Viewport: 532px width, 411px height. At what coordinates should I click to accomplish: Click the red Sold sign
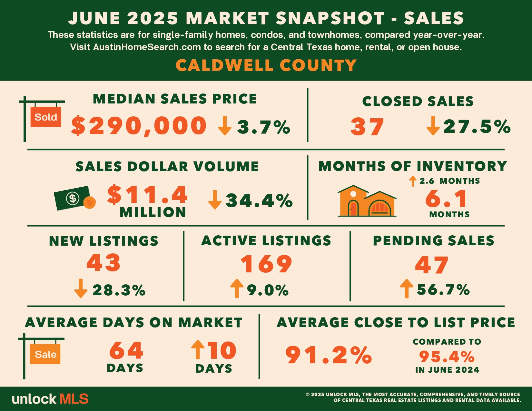pos(45,117)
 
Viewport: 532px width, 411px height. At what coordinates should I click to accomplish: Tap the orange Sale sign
pos(45,354)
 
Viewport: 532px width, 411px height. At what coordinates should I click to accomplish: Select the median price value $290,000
pos(139,126)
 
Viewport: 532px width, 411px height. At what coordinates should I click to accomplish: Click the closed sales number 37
pos(367,127)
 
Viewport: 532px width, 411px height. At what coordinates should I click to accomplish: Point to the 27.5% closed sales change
pos(477,126)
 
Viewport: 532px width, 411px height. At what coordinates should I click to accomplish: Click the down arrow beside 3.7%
pos(225,126)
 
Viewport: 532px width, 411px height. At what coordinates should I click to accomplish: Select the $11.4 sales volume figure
pos(147,195)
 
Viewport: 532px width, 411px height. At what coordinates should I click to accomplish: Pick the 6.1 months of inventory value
pos(446,199)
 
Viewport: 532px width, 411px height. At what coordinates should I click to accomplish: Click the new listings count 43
pos(103,263)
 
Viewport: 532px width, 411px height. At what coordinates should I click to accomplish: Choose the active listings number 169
pos(266,264)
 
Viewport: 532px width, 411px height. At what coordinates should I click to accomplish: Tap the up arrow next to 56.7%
pos(407,289)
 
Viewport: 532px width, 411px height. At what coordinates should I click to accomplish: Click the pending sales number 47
pos(432,265)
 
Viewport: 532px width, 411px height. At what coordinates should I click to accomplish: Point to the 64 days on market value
pos(126,350)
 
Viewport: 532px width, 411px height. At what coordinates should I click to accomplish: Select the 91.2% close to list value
pos(329,355)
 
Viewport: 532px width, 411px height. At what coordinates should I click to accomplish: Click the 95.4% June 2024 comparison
pos(447,357)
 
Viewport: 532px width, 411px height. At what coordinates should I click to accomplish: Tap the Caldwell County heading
pos(266,65)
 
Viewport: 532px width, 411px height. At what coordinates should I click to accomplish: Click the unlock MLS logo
pos(50,399)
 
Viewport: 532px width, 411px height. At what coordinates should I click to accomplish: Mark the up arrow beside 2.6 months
pos(413,181)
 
